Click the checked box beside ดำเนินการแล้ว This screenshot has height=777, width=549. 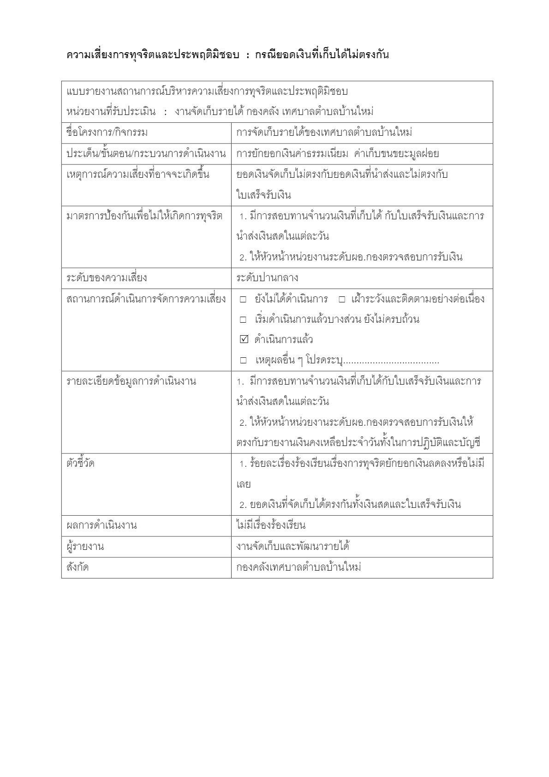(244, 340)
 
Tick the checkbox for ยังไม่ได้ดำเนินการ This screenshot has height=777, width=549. (244, 299)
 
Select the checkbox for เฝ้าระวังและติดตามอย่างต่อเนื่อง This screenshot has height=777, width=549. (342, 299)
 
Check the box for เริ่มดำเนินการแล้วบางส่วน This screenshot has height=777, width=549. (244, 319)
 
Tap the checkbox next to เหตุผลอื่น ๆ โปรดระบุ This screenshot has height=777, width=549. (244, 360)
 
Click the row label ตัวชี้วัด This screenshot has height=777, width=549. (81, 463)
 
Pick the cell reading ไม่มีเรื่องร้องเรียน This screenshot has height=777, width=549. (271, 525)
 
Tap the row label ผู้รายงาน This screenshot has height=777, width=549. (85, 547)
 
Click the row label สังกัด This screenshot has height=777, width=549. (78, 567)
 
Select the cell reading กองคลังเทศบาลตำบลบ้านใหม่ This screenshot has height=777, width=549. (298, 567)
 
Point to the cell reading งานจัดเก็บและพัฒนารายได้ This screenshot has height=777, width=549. (292, 547)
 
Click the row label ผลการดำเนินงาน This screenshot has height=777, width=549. (102, 525)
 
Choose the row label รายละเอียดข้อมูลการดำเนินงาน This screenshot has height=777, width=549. (131, 382)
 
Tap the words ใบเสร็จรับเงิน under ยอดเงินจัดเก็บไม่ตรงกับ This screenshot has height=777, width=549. (263, 195)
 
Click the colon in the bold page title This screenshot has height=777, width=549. (248, 55)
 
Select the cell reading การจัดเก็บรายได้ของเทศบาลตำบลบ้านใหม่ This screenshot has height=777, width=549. (324, 133)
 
